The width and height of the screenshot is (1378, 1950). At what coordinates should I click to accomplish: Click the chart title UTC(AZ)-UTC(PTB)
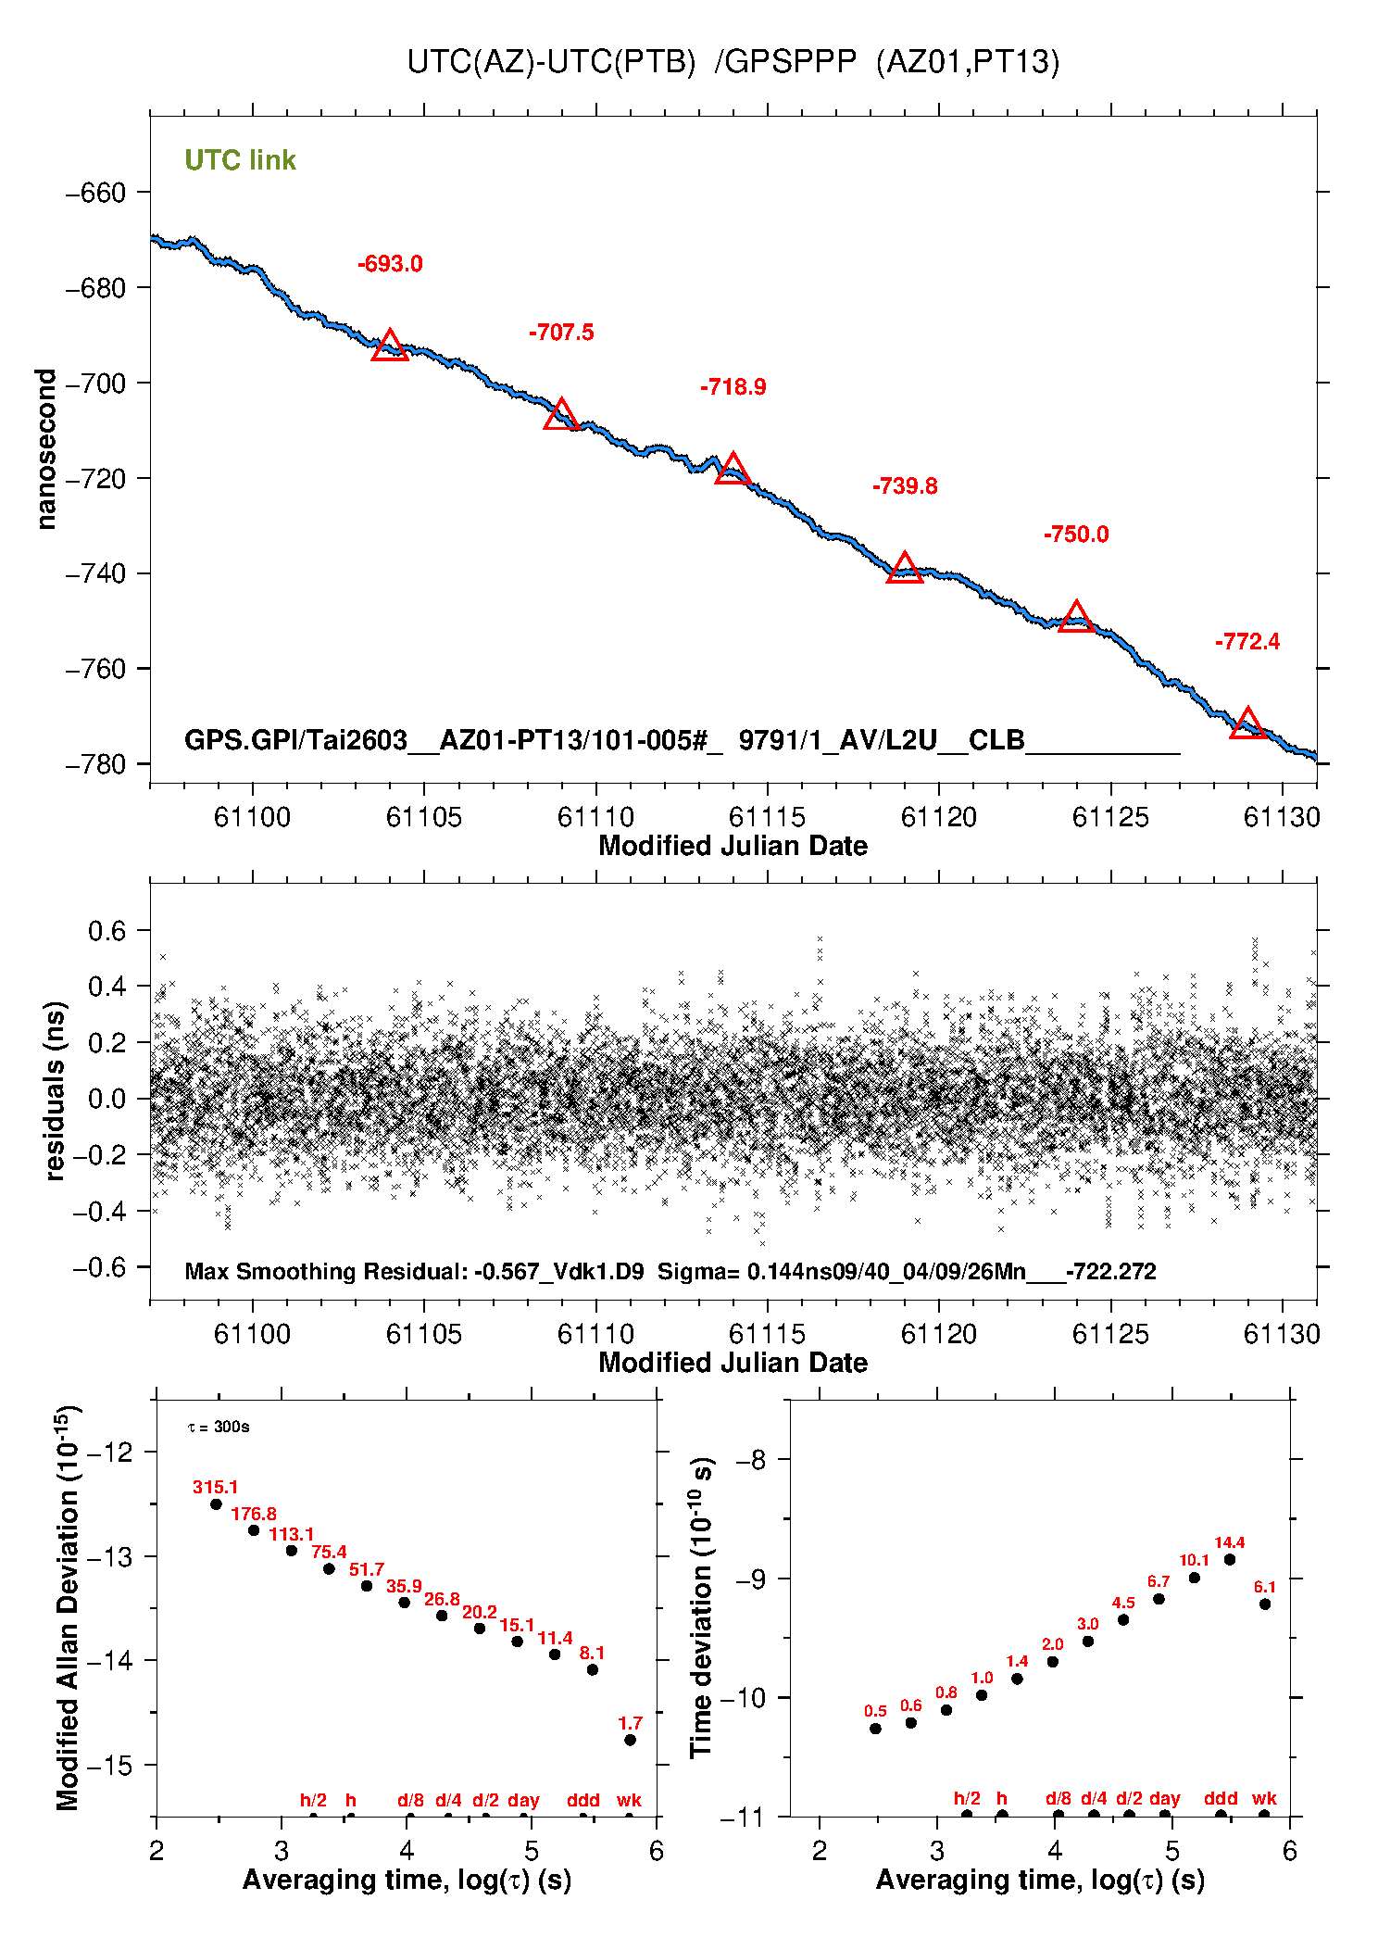point(551,62)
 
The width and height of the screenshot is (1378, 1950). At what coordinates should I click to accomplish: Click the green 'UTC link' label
point(240,160)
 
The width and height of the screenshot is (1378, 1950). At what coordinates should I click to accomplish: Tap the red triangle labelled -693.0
point(390,346)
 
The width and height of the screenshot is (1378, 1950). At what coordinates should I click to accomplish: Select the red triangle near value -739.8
point(905,569)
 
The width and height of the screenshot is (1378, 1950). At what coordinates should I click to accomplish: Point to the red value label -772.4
point(1247,642)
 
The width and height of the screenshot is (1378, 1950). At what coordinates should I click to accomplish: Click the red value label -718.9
point(733,387)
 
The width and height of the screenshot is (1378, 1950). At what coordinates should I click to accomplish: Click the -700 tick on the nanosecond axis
point(95,384)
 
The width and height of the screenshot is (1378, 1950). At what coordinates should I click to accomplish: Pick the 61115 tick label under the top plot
point(768,817)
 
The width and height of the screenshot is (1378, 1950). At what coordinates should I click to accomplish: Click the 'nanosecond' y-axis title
point(46,449)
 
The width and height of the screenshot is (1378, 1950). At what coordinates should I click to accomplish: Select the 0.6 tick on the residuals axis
point(106,931)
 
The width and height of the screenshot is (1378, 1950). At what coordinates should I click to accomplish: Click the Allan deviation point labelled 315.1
point(216,1504)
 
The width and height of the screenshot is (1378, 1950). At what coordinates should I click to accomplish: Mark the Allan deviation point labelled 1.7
point(630,1740)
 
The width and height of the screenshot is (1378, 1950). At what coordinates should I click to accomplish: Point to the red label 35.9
point(404,1587)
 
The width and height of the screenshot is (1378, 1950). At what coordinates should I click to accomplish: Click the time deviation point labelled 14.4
point(1230,1559)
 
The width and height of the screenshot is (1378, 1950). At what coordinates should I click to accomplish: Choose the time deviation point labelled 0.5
point(875,1729)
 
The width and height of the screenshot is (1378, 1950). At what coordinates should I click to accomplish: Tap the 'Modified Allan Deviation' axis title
point(68,1607)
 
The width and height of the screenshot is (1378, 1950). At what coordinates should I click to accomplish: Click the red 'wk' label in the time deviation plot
point(1264,1798)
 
